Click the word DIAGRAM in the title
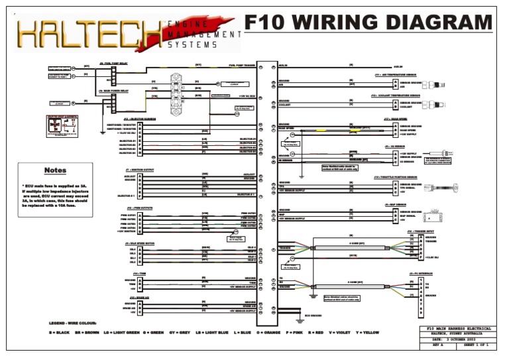433,24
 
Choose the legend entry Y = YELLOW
368,332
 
